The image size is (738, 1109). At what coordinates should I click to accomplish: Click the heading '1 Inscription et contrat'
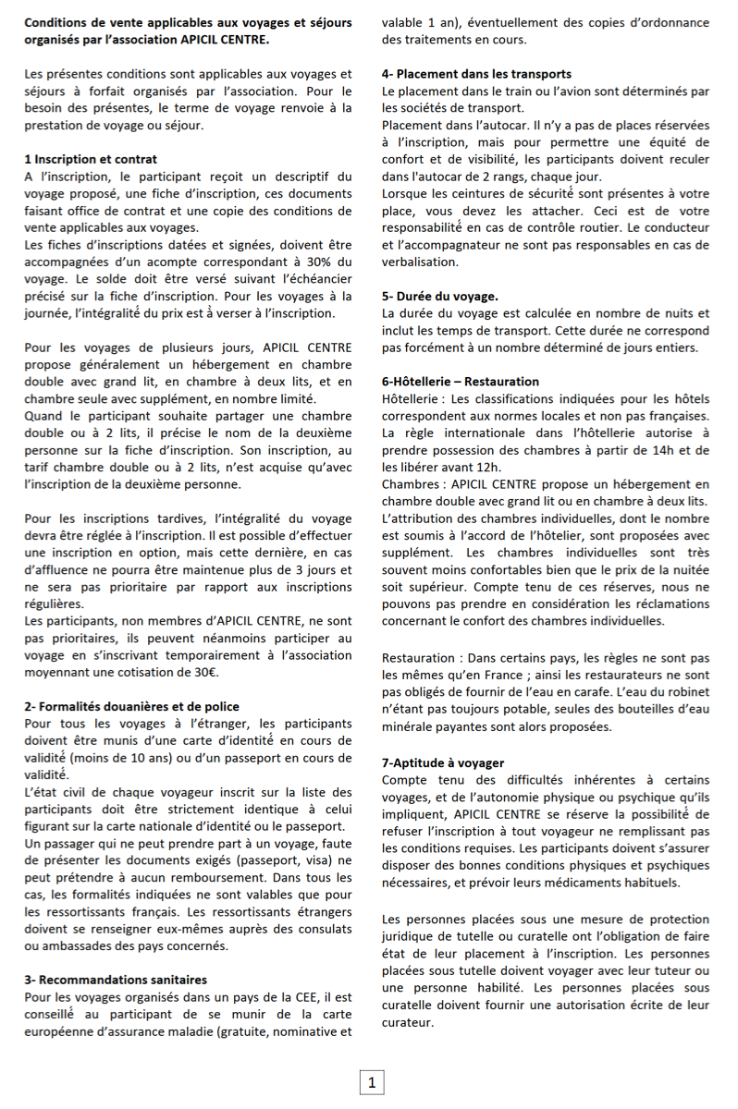[91, 159]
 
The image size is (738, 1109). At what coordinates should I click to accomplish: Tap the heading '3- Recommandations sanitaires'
[116, 979]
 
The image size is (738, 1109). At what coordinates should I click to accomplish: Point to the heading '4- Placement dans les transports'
[476, 74]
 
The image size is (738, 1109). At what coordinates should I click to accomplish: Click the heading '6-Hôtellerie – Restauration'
[460, 382]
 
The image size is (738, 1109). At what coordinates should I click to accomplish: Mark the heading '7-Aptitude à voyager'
[442, 762]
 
